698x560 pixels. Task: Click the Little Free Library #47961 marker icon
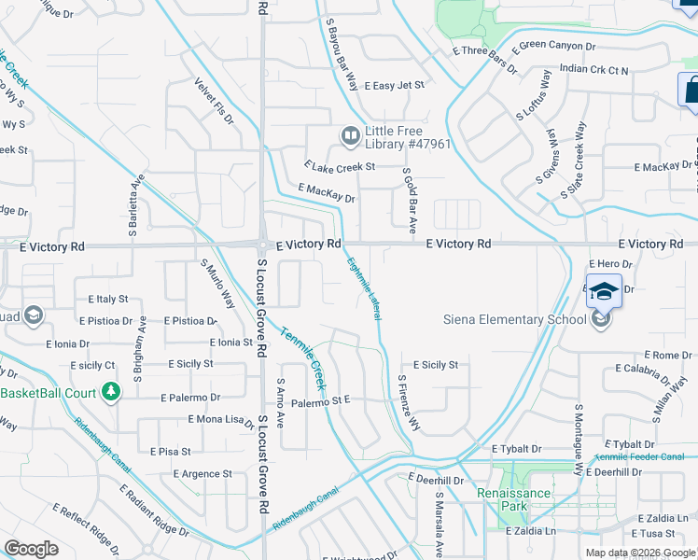(351, 137)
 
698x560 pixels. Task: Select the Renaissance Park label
(508, 499)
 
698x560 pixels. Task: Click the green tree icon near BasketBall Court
(111, 390)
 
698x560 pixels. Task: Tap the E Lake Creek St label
(339, 166)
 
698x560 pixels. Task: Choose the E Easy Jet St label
(395, 85)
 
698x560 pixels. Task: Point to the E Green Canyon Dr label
(556, 45)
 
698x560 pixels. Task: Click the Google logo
(31, 549)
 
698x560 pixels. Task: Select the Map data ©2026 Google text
(641, 553)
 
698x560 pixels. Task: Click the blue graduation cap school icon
(604, 290)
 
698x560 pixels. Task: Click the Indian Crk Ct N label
(594, 69)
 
